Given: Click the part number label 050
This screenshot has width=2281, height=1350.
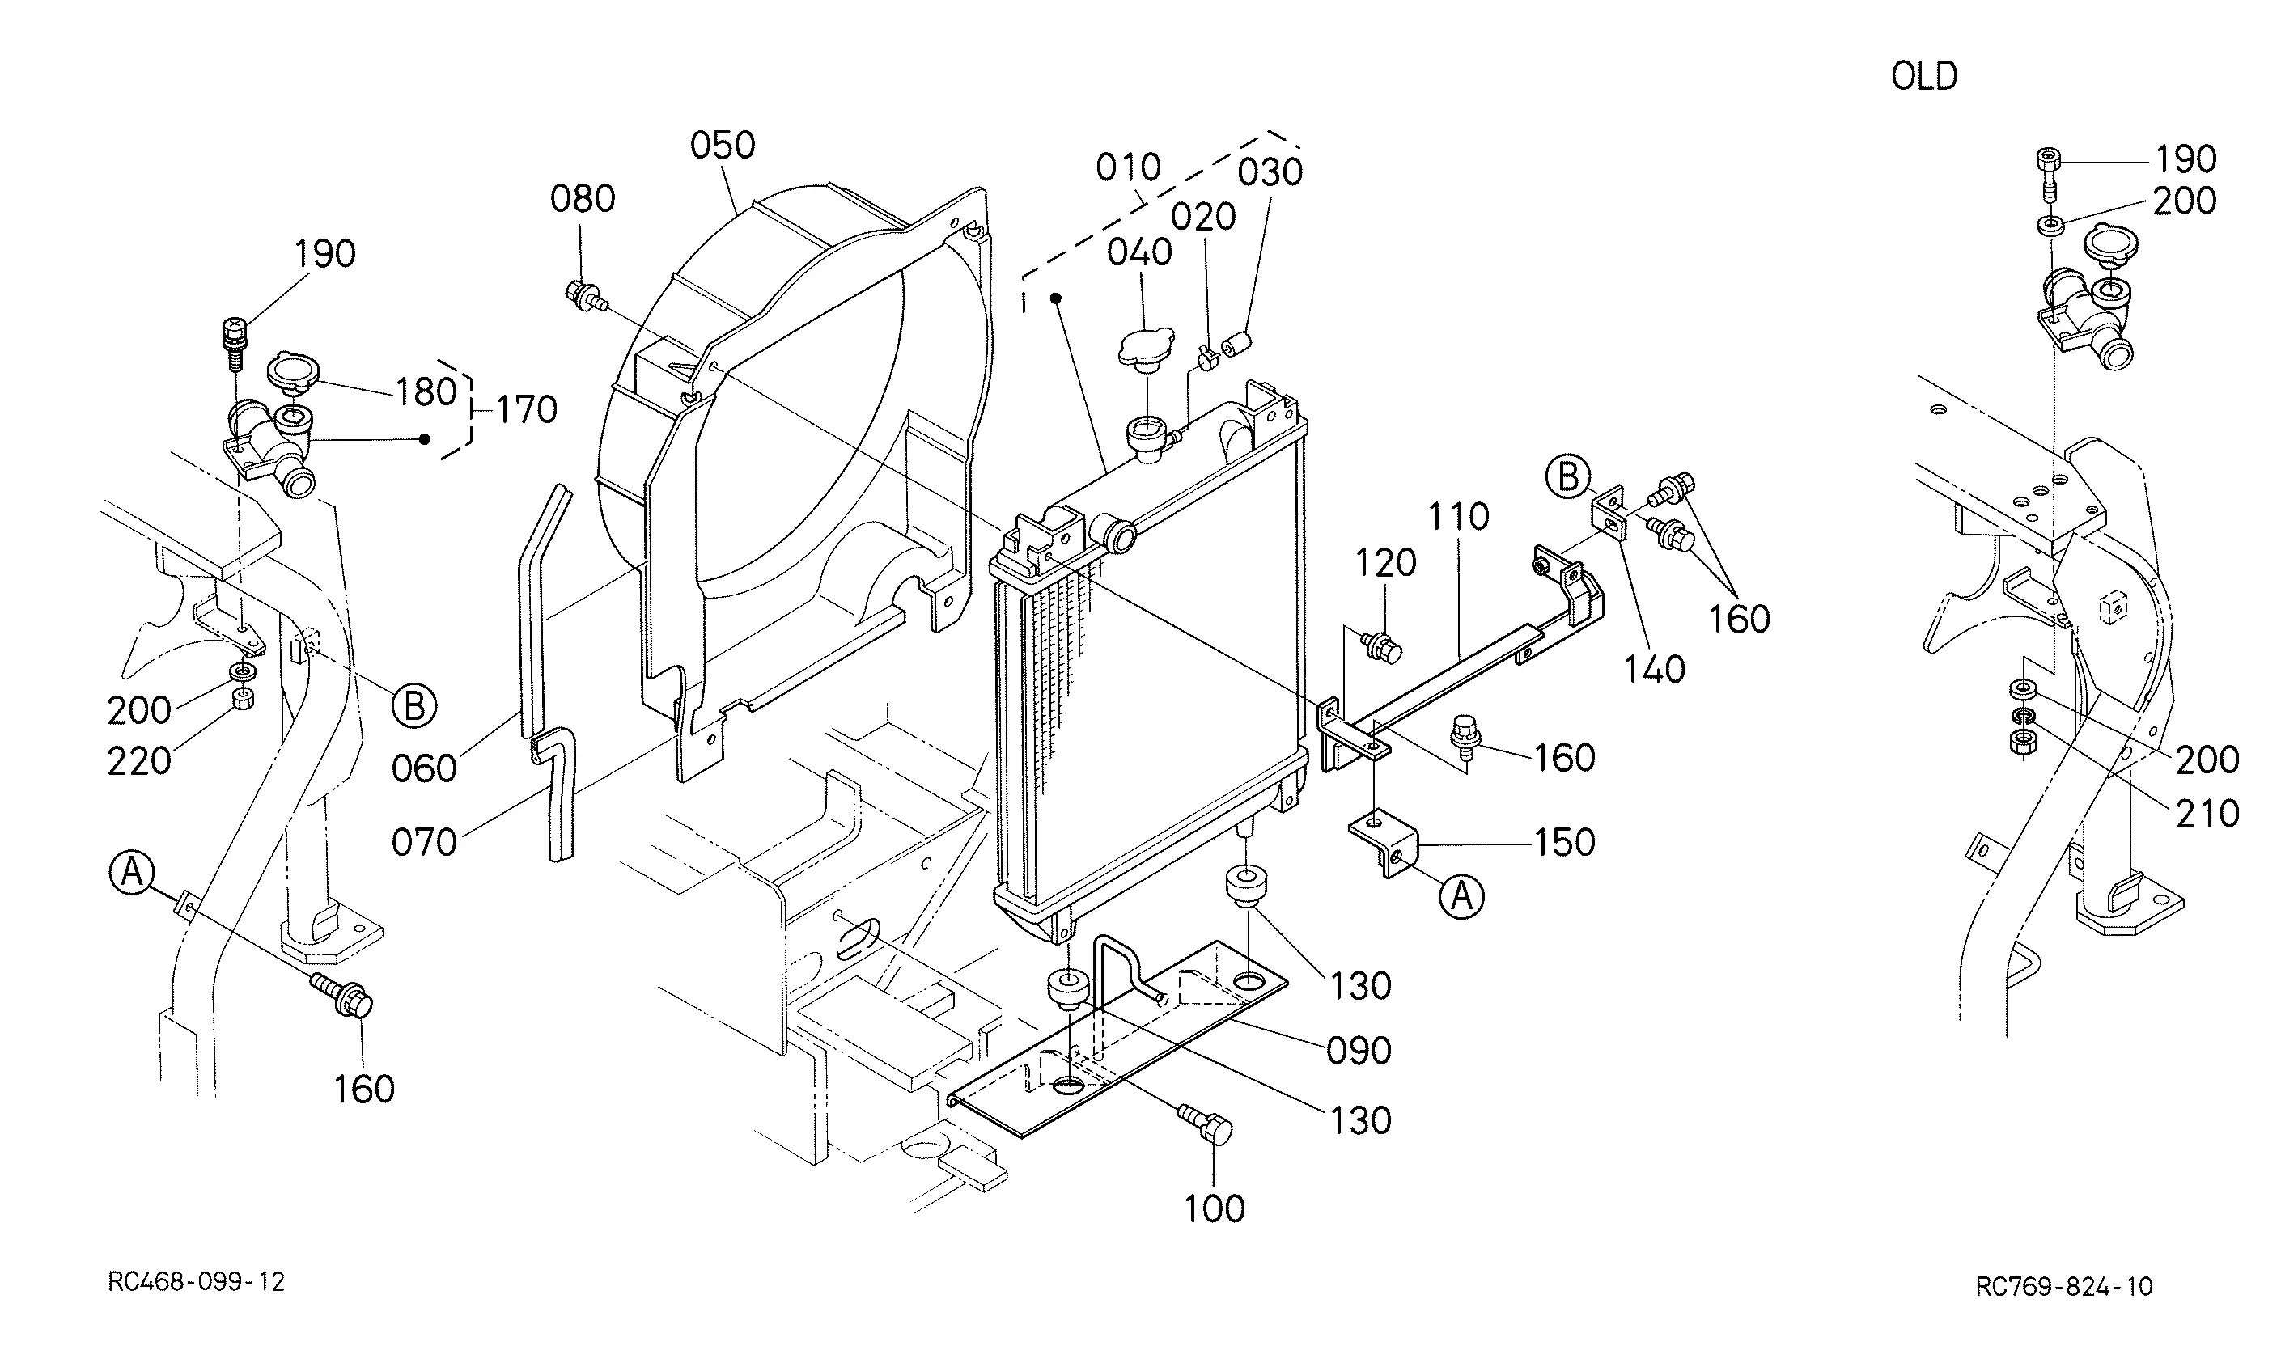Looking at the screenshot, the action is point(723,146).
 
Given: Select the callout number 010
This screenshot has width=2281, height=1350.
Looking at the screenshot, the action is point(1128,167).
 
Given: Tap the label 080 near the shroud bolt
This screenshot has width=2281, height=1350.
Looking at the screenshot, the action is point(583,198).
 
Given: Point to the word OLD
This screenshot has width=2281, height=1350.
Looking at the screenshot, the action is point(1924,76).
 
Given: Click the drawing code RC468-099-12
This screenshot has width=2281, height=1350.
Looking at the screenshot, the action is point(197,1282).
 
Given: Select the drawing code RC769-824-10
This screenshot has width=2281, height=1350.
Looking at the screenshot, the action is point(2064,1286).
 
